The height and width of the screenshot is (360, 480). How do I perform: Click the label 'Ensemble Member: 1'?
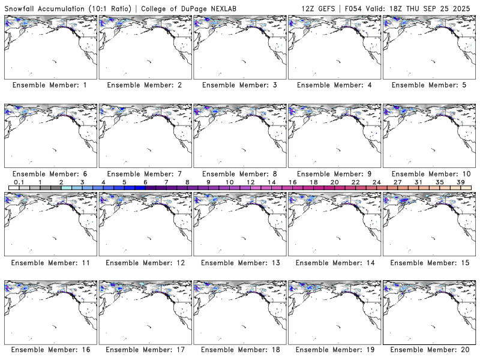point(50,85)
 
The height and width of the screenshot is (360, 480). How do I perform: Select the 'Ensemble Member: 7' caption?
point(145,174)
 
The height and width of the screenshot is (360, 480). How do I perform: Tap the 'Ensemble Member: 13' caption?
point(239,263)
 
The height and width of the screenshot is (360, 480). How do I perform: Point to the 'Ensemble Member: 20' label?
point(429,350)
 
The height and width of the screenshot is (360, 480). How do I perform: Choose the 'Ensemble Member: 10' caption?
point(429,174)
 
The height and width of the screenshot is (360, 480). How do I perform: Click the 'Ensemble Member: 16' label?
point(50,350)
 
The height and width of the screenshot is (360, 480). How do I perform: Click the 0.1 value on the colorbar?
point(19,182)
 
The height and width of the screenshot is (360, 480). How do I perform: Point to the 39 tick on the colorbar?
point(460,182)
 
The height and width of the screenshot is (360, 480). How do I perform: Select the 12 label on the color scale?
point(250,182)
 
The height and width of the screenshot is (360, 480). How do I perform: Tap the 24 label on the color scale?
point(376,182)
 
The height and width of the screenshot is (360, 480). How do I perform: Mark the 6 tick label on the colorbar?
point(145,182)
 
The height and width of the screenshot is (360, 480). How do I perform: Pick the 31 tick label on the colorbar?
point(418,182)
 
